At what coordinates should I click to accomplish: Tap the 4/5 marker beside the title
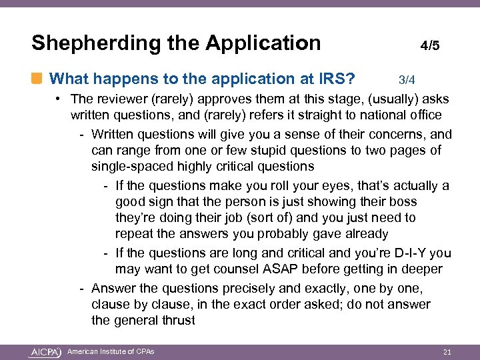(x=429, y=46)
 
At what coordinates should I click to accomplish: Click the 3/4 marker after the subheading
(x=407, y=80)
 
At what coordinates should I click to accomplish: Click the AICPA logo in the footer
(x=45, y=352)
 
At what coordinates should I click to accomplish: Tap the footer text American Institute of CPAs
(x=111, y=351)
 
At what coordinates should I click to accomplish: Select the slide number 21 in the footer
(x=447, y=352)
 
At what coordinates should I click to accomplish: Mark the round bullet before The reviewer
(x=59, y=100)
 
